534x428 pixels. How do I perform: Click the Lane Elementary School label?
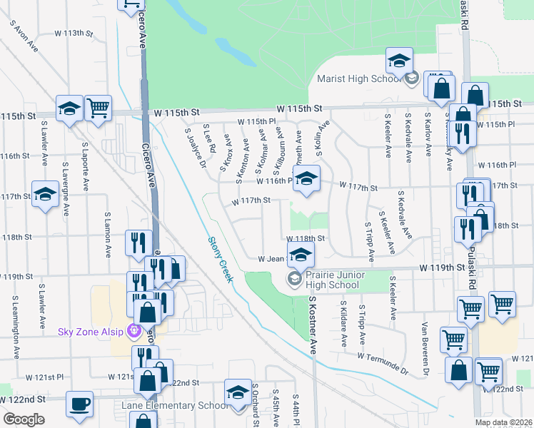[x=175, y=406]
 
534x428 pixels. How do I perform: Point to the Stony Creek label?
[x=221, y=259]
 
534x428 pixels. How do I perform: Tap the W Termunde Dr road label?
[x=382, y=363]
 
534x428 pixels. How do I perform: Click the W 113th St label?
[x=75, y=34]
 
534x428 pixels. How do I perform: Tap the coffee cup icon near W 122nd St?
[x=79, y=403]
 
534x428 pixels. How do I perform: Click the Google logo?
[x=24, y=419]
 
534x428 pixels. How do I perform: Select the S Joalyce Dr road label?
[x=195, y=147]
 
